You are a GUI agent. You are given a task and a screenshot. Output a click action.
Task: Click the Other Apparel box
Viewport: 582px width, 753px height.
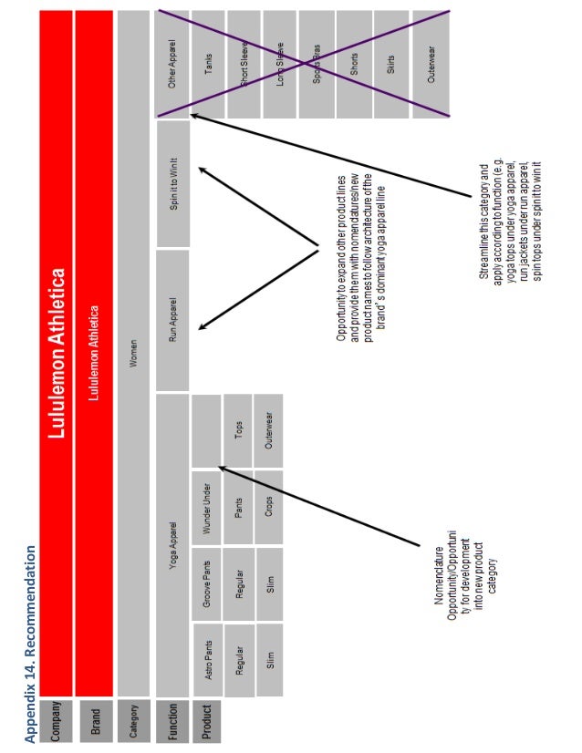(x=172, y=62)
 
